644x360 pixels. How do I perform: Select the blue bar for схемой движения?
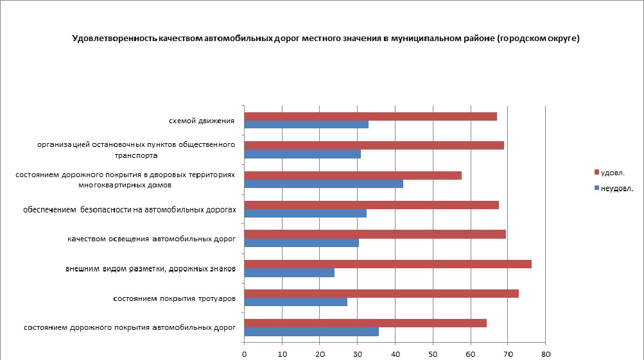coord(306,124)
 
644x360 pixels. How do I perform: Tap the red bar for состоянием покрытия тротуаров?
coord(381,293)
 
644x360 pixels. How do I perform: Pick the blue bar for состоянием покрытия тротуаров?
coord(296,302)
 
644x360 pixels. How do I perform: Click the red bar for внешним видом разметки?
coord(388,264)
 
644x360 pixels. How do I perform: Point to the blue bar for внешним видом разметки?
coord(290,272)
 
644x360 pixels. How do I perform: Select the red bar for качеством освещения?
coord(375,234)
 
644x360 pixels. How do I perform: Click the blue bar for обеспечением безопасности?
coord(306,213)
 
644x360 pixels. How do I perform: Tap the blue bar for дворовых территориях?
coord(324,184)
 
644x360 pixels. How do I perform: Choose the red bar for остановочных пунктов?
coord(374,146)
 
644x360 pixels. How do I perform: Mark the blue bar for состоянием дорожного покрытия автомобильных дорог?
coord(311,331)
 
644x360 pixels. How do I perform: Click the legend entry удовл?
coord(613,172)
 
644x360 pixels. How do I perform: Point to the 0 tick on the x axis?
coord(244,354)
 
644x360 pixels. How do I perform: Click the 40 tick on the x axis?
coord(395,354)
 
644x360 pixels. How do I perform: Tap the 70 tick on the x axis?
coord(507,354)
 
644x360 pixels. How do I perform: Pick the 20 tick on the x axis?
coord(319,354)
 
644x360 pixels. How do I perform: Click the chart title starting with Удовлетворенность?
coord(326,39)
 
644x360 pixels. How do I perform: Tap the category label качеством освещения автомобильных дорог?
coord(152,239)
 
